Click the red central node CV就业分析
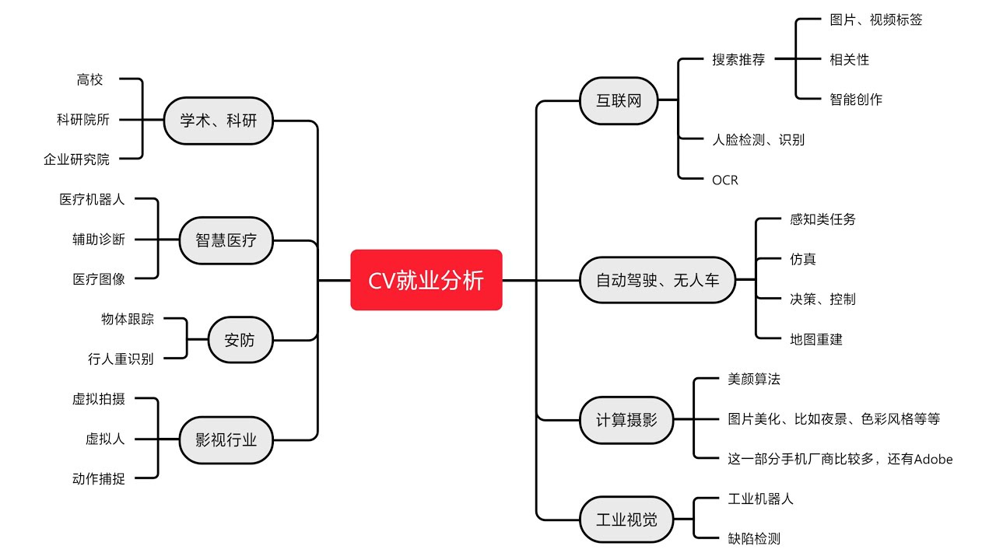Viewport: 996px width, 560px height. (426, 280)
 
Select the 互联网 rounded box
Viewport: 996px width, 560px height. (619, 100)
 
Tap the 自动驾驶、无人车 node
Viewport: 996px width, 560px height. (658, 280)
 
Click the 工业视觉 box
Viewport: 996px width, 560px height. (626, 520)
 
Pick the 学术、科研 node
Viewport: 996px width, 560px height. (218, 121)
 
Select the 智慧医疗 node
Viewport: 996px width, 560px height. (226, 240)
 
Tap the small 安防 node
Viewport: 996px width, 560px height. (240, 340)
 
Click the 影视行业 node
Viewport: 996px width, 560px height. (226, 440)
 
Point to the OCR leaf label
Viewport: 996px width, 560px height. (724, 180)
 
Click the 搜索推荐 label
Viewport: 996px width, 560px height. (738, 59)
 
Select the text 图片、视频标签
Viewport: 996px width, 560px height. (875, 19)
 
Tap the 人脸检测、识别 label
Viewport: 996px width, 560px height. (758, 140)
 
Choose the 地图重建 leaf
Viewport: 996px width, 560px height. (815, 339)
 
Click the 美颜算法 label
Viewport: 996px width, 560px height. (753, 379)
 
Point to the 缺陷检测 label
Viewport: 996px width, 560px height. (753, 538)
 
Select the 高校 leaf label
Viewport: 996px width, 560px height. (89, 79)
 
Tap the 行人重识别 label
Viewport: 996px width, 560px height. (121, 359)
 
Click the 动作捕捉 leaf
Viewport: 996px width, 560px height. (98, 479)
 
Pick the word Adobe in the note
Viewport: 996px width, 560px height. (933, 459)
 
